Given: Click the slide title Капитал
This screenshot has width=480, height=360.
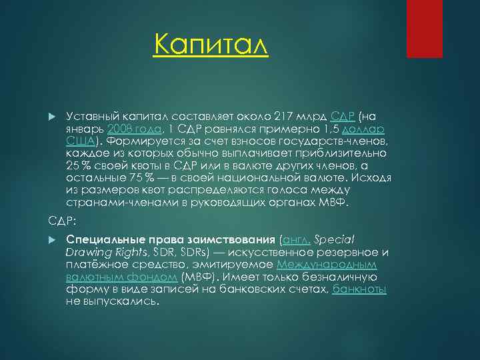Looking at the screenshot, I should point(210,46).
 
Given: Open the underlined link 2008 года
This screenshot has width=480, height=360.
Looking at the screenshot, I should point(134,129).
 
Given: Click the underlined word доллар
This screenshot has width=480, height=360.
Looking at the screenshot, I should point(371,129).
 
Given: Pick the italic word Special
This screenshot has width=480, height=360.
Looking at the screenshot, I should point(336,240).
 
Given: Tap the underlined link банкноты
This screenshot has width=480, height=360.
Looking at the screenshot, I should point(359,289).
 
